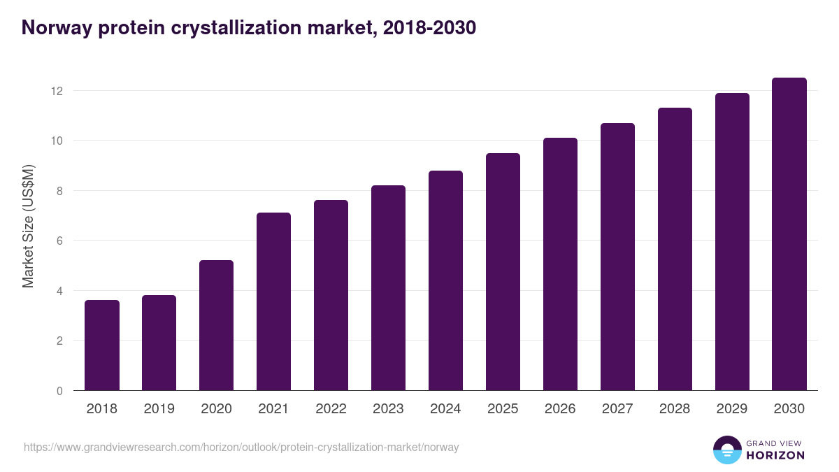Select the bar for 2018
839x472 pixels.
click(102, 345)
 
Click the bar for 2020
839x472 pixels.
click(216, 325)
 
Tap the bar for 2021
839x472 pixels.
click(273, 301)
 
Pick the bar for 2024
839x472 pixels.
click(445, 280)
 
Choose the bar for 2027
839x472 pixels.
click(617, 257)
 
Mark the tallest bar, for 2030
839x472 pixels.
click(789, 234)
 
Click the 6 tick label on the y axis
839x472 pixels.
click(59, 241)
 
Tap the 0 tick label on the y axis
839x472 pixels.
click(59, 391)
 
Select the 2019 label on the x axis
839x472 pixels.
click(159, 409)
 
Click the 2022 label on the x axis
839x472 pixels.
click(331, 409)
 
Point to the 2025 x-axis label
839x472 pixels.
click(503, 409)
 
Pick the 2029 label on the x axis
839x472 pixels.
click(732, 409)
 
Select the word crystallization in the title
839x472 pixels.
click(243, 27)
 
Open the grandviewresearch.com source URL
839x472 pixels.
click(241, 447)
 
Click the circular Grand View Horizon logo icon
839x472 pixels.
click(726, 450)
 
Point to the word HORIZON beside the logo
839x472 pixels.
click(775, 455)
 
